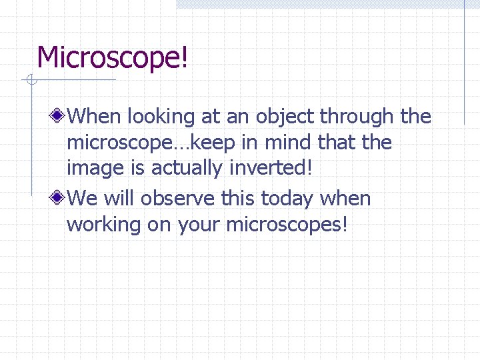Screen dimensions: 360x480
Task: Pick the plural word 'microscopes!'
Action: pyautogui.click(x=287, y=225)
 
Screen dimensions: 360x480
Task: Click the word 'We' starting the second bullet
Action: pyautogui.click(x=81, y=199)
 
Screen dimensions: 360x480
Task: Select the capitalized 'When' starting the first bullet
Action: pyautogui.click(x=93, y=117)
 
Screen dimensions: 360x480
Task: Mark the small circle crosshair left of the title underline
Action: pyautogui.click(x=30, y=81)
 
